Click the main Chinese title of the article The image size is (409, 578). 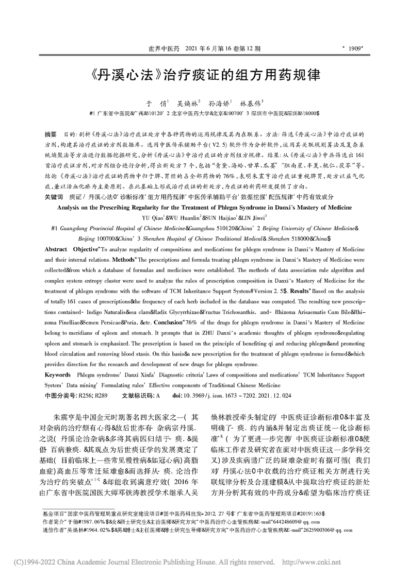pos(204,74)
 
